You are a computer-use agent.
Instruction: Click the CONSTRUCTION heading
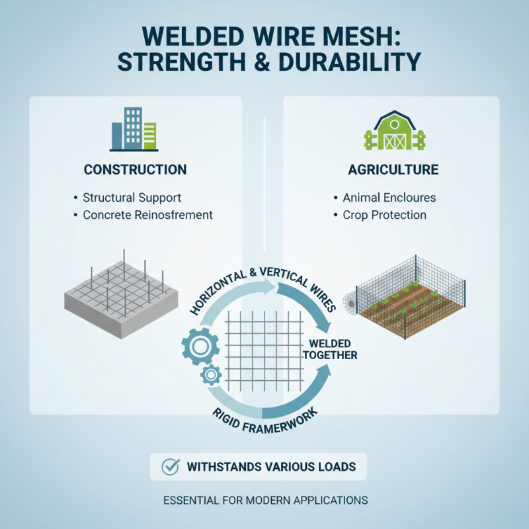135,170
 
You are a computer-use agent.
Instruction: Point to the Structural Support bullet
132,198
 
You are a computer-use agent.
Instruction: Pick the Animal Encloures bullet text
389,198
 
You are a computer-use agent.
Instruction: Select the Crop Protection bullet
384,215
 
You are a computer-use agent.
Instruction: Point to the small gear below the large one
211,376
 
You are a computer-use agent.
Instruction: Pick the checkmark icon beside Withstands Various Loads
171,466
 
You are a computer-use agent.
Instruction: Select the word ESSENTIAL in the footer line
190,501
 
